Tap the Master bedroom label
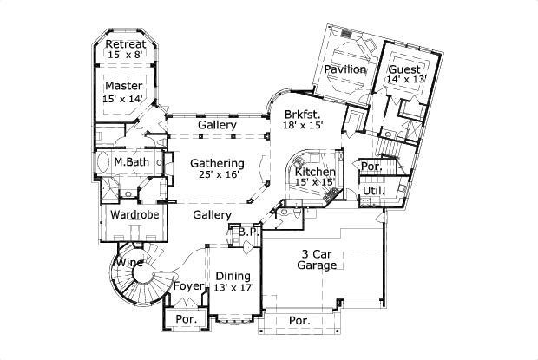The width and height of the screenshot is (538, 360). [123, 87]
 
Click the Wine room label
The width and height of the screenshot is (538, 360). [130, 262]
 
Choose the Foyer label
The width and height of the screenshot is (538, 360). [188, 285]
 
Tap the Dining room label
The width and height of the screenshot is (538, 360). [233, 276]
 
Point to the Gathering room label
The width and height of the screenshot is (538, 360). [217, 163]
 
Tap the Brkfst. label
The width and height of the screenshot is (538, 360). [303, 114]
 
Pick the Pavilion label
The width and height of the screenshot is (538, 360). [344, 69]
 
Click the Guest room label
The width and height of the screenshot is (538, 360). [403, 69]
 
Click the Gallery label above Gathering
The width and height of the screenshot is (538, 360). [216, 126]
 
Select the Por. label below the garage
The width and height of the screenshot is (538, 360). [299, 320]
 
